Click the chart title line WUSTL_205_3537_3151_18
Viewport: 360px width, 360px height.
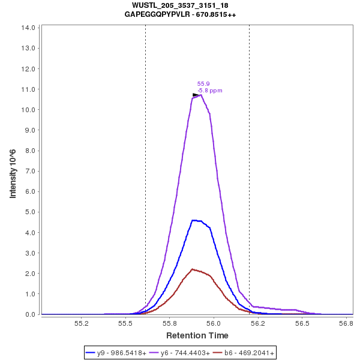[180, 5]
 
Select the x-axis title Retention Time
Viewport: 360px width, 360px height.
[197, 335]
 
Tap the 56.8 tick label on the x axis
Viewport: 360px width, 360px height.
[346, 323]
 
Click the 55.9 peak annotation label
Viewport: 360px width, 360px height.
[203, 84]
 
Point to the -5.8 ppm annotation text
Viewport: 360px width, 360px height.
[210, 91]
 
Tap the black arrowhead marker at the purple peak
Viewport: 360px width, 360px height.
[196, 95]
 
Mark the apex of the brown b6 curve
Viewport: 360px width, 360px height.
[192, 269]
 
